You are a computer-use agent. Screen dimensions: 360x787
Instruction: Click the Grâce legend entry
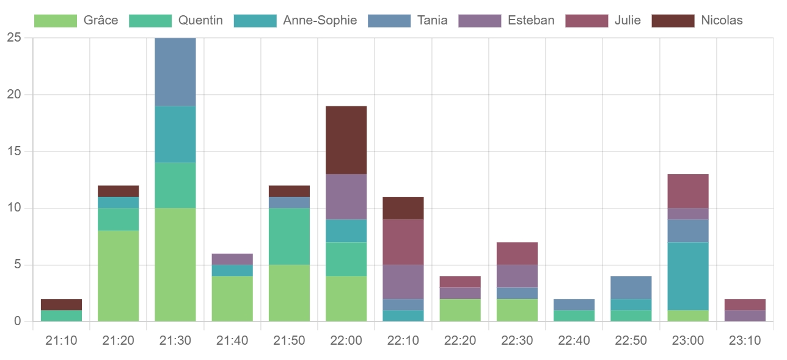(x=76, y=21)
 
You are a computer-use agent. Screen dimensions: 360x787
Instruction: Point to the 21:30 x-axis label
(x=175, y=340)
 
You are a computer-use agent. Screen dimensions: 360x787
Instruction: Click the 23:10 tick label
(x=745, y=340)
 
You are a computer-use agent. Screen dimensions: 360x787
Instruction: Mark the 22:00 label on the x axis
(x=346, y=340)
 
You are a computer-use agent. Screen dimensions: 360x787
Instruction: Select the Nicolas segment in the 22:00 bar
(x=346, y=140)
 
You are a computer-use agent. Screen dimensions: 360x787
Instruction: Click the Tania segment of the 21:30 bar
(x=175, y=72)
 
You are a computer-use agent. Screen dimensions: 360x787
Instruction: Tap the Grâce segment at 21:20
(x=119, y=276)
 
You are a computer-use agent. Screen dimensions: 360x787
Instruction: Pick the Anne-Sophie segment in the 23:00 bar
(x=688, y=276)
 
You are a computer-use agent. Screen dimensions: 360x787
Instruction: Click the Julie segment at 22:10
(x=403, y=242)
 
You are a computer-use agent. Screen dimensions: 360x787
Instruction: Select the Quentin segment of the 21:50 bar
(x=290, y=237)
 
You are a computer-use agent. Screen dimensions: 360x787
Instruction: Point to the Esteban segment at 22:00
(x=346, y=197)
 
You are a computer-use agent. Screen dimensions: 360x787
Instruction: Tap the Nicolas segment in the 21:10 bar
(x=62, y=304)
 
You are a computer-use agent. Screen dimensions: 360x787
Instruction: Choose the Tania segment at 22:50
(x=631, y=288)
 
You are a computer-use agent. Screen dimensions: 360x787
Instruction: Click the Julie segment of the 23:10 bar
(x=745, y=304)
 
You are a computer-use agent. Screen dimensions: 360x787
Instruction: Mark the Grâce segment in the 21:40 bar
(x=232, y=299)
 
